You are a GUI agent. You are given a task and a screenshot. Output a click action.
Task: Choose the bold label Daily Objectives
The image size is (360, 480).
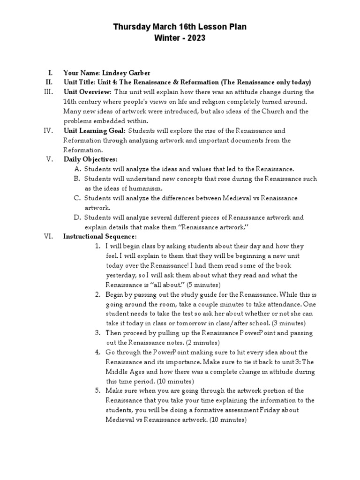tap(90, 159)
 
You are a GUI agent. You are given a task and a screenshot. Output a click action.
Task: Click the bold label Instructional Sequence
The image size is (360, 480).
tap(100, 236)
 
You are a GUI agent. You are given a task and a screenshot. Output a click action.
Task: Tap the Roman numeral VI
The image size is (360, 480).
tap(49, 236)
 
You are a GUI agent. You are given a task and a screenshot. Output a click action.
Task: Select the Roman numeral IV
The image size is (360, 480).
tap(49, 131)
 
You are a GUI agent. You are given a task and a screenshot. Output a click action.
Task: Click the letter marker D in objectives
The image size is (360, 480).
tap(77, 217)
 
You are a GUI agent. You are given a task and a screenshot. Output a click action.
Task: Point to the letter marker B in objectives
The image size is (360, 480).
tap(77, 179)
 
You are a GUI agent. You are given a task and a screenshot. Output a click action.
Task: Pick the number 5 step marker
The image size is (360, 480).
tap(97, 390)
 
